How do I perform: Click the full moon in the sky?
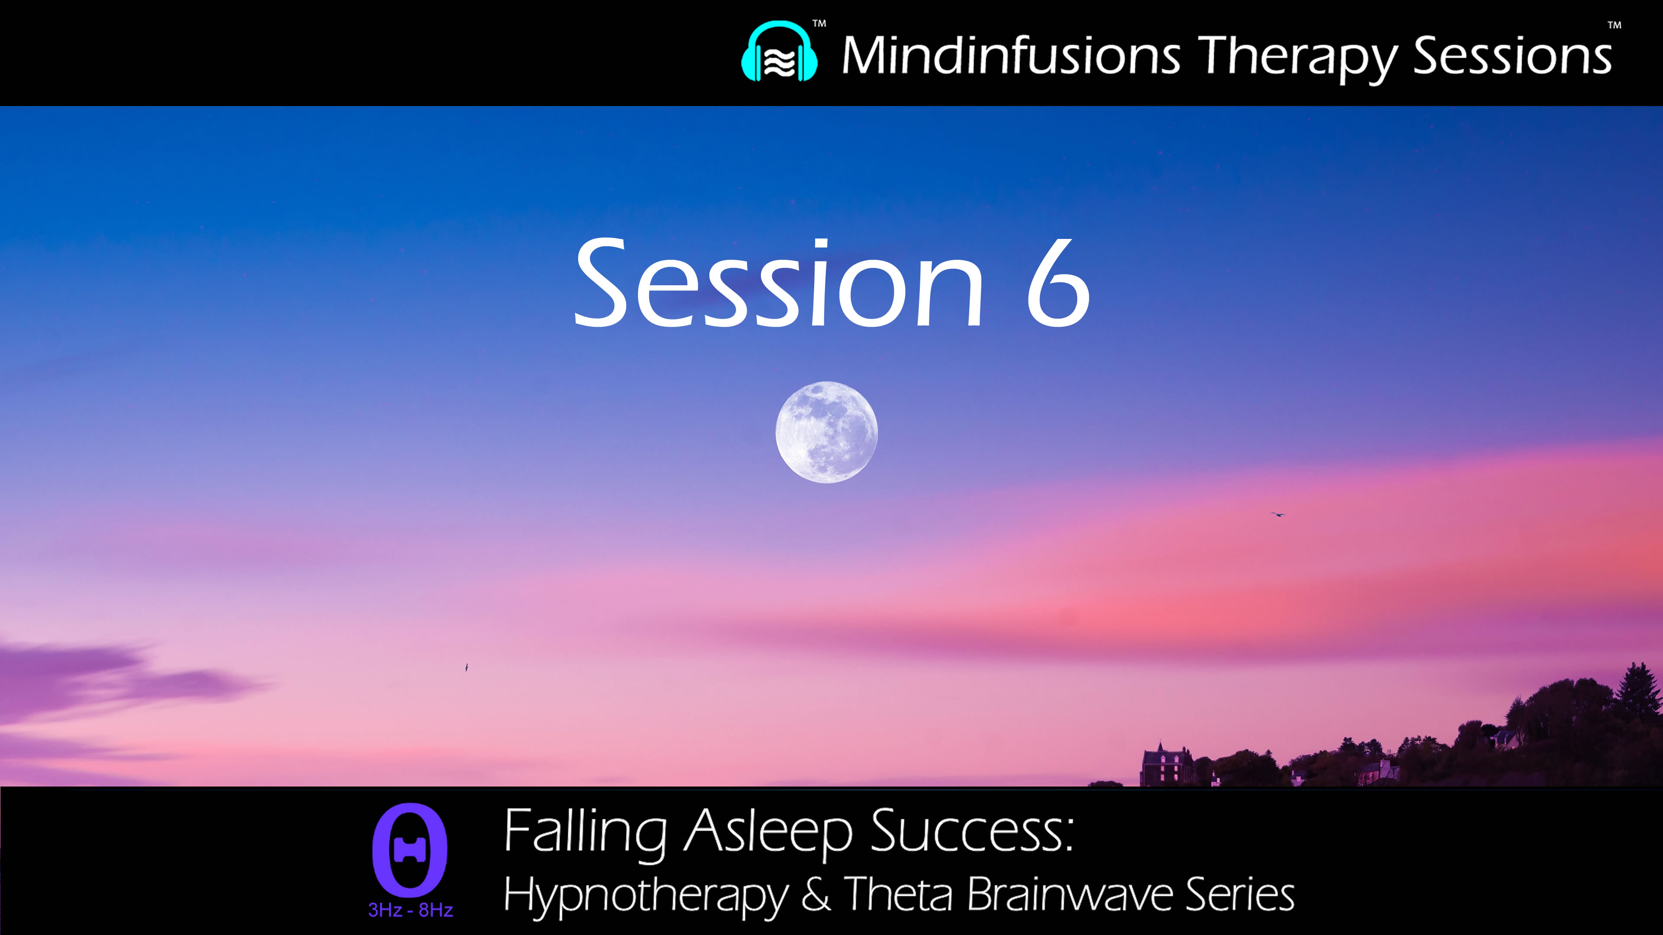point(826,432)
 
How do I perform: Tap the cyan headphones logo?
point(779,53)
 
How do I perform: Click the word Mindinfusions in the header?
point(1011,55)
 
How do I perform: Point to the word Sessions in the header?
point(1513,55)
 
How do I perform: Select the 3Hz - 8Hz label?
point(411,910)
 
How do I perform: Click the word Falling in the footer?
point(584,832)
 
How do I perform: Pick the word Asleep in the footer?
point(768,832)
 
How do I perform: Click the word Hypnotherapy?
point(646,896)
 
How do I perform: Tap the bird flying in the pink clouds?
point(1277,514)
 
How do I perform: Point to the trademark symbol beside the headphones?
point(819,24)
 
